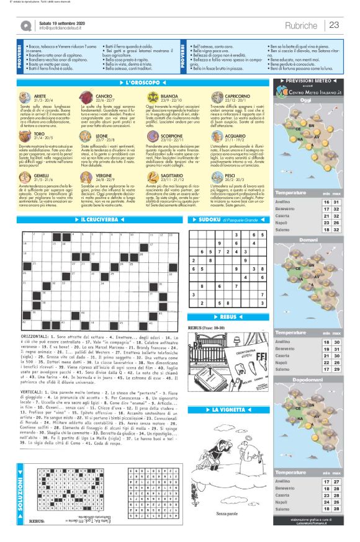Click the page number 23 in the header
pyautogui.click(x=333, y=25)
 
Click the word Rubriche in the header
pyautogui.click(x=302, y=25)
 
